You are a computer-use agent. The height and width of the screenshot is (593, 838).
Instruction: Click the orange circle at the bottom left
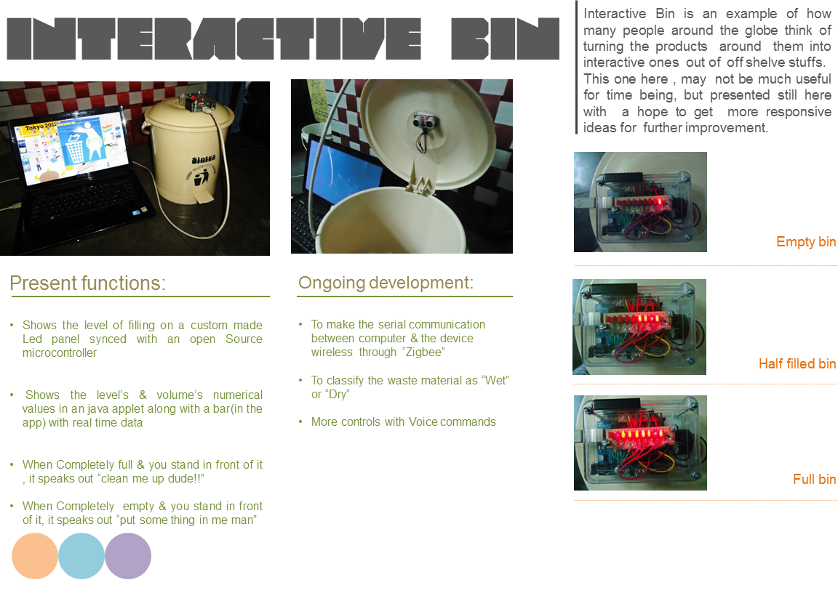35,556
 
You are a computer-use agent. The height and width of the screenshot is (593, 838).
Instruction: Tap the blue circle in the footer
81,556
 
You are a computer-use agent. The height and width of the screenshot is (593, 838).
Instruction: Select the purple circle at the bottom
128,556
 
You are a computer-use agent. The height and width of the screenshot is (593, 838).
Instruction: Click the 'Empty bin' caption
806,242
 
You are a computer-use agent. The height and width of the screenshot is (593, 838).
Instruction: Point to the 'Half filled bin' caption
797,363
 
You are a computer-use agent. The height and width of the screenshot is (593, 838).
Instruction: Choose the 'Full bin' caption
814,480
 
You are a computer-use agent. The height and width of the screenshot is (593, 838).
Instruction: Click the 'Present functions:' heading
88,283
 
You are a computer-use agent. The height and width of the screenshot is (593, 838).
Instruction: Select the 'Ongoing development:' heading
386,283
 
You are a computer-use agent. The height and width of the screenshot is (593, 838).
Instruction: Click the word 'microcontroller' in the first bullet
60,353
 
